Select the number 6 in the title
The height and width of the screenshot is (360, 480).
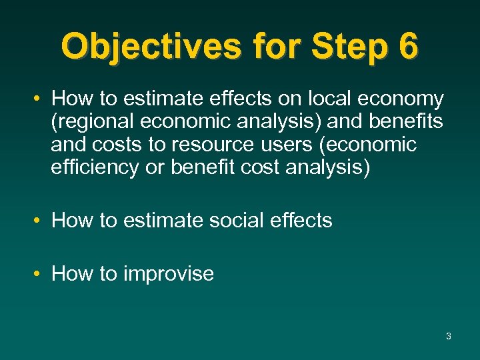coord(406,46)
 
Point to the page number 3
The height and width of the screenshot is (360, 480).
coord(448,336)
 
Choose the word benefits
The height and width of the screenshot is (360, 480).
coord(406,122)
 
